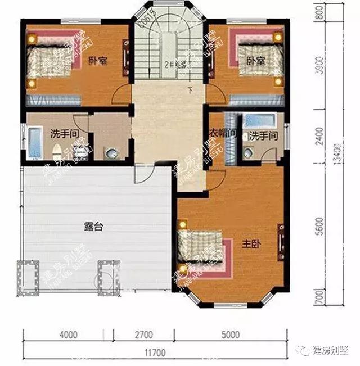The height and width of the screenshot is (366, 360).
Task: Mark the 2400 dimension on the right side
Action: (x=318, y=135)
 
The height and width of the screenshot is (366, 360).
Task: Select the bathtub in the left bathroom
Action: (x=35, y=143)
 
